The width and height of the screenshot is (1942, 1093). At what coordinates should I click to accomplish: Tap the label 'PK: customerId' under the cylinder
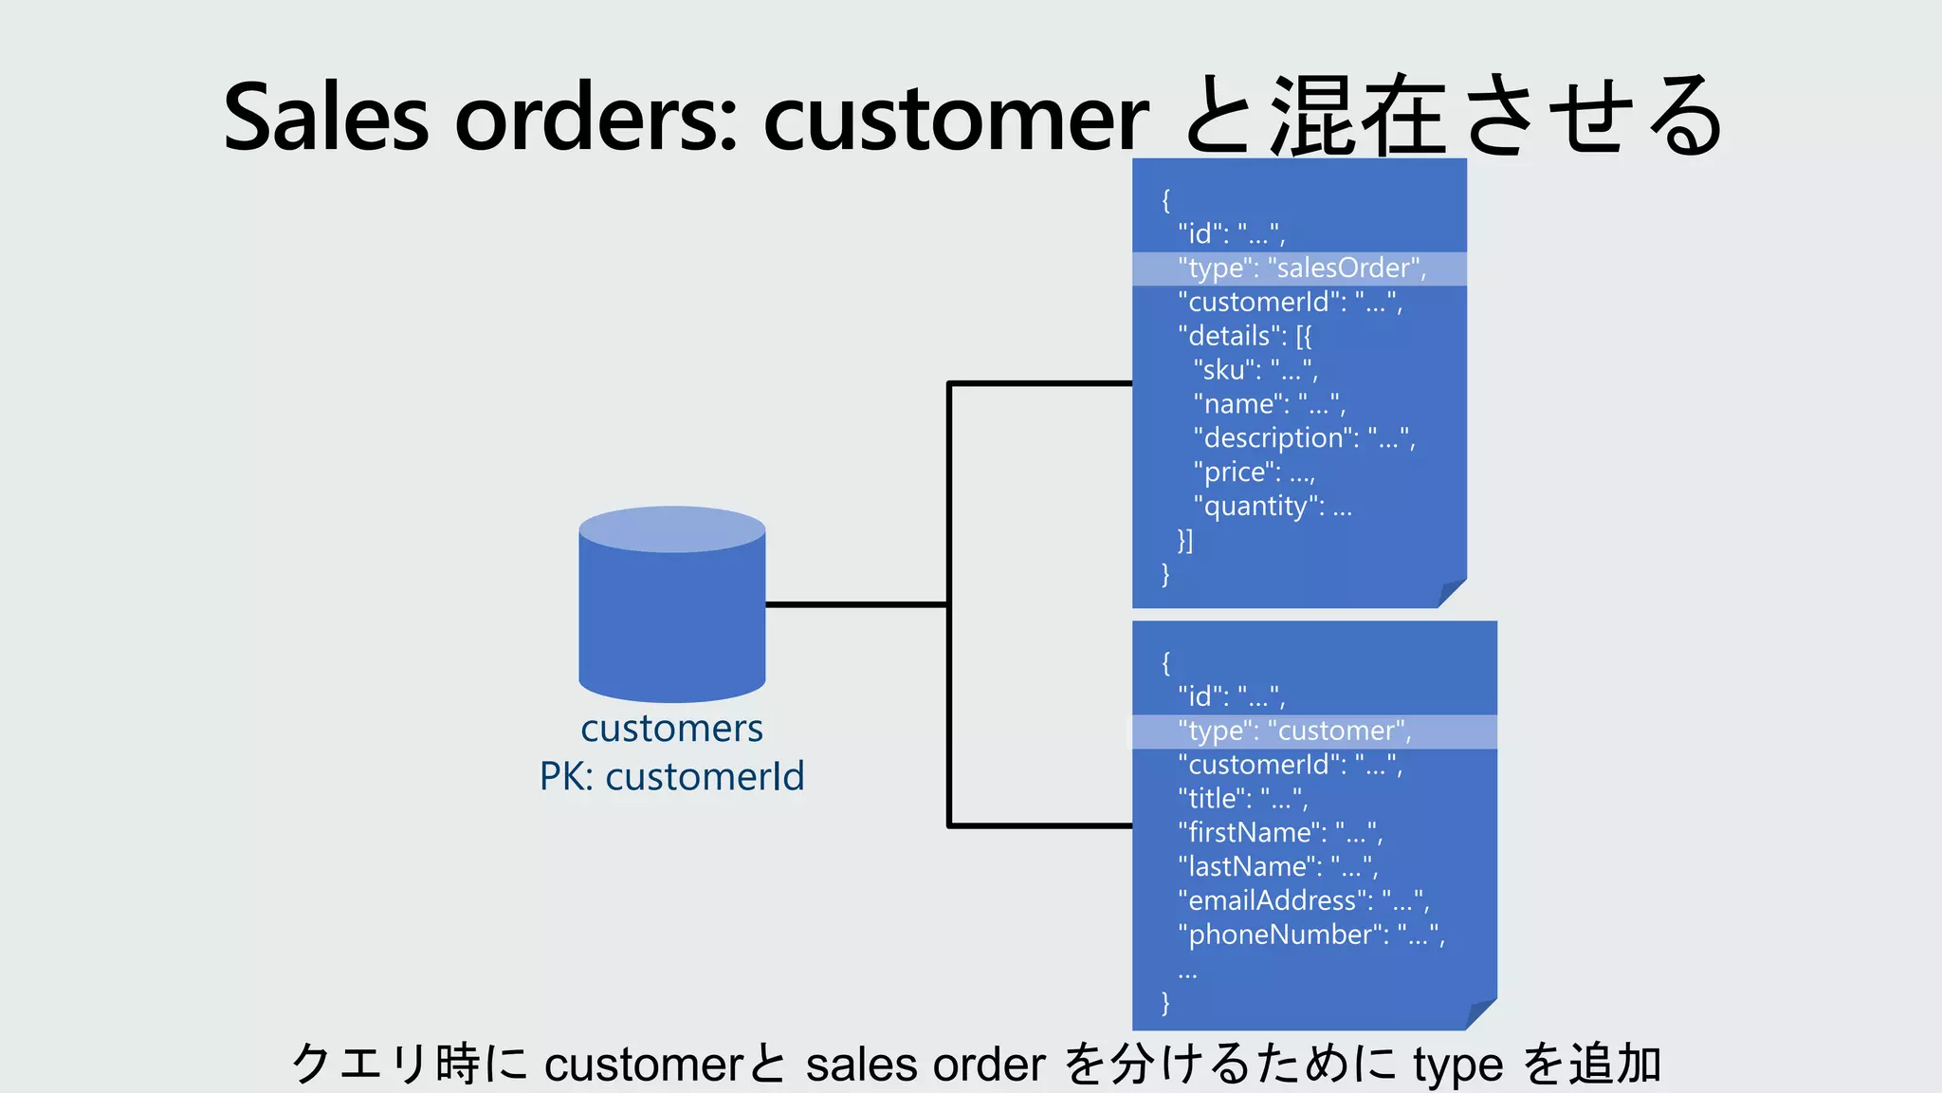pos(671,777)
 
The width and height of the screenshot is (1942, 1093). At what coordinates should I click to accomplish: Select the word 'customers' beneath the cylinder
pos(671,729)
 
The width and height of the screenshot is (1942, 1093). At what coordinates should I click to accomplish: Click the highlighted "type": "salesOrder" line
pos(1301,269)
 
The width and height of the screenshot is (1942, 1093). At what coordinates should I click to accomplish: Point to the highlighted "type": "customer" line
pos(1294,732)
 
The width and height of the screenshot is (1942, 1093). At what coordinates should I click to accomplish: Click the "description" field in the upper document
pos(1304,438)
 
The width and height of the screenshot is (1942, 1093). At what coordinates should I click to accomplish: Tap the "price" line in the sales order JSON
pos(1254,472)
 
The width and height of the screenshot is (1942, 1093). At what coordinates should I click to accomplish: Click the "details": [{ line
pos(1244,336)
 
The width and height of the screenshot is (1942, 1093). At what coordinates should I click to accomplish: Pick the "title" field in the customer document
pos(1242,799)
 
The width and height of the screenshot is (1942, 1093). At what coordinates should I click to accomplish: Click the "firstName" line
pos(1280,833)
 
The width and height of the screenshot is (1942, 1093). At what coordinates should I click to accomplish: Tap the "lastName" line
pos(1277,867)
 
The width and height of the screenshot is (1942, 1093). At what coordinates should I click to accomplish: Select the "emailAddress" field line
pos(1303,901)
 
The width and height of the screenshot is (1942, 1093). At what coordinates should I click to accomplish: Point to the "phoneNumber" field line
pos(1310,936)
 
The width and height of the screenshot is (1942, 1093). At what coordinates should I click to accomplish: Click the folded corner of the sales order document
pos(1452,594)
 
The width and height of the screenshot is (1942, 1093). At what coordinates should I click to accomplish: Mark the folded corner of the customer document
pos(1481,1015)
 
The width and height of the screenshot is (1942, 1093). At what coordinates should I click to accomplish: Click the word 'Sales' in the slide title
pos(325,118)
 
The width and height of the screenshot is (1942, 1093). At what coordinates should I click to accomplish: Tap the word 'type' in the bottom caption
pos(1457,1065)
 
